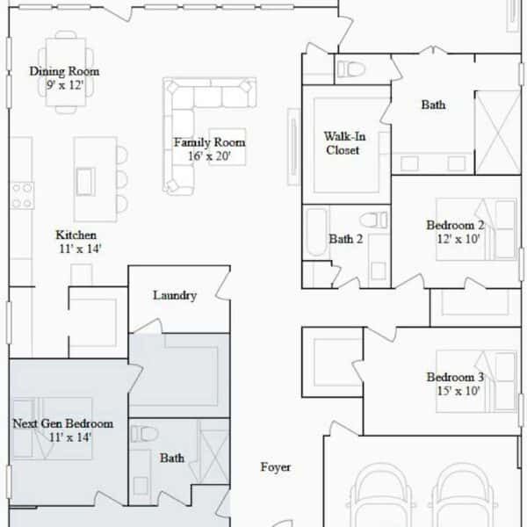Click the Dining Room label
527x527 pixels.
tap(64, 71)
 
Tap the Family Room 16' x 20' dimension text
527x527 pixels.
tap(209, 156)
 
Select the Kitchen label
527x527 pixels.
tap(76, 235)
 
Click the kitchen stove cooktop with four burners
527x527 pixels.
tap(22, 195)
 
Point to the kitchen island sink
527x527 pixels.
tap(86, 182)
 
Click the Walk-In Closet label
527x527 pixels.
tap(344, 143)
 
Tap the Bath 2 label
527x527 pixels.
tap(345, 239)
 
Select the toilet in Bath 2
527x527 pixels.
tap(374, 220)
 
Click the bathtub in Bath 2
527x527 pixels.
tap(316, 232)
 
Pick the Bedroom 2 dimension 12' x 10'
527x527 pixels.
tap(458, 239)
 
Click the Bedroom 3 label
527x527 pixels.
tap(455, 377)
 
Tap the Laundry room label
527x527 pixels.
tap(175, 295)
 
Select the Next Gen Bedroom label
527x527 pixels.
tap(63, 423)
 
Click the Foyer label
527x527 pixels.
tap(275, 467)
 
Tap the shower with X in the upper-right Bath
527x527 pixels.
tap(498, 133)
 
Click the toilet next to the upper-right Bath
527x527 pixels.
tap(350, 69)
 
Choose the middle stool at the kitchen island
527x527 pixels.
tap(122, 179)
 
